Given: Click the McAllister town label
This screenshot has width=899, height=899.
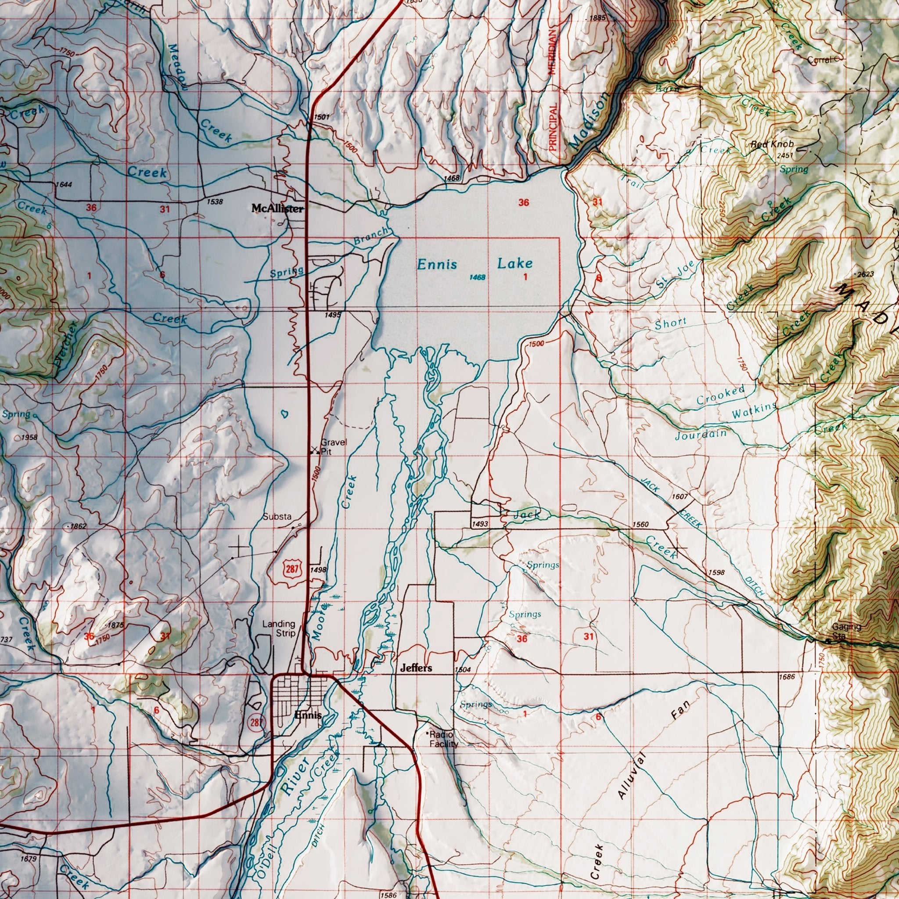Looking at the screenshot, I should click(x=277, y=209).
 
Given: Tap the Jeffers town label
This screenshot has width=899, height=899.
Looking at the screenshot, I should click(x=416, y=668).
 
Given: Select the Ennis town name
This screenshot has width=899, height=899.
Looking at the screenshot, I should click(x=308, y=715).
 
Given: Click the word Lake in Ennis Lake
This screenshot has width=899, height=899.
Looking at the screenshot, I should click(x=514, y=264).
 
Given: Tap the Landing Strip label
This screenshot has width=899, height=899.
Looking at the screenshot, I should click(x=279, y=629).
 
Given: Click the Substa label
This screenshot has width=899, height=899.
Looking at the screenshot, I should click(x=277, y=517).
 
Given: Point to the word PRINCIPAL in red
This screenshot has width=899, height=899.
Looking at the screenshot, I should click(x=553, y=126).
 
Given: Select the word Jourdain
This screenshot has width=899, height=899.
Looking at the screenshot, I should click(x=700, y=435).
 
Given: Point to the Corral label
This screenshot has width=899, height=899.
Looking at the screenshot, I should click(x=819, y=60).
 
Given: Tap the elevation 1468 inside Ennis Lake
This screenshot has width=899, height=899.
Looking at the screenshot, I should click(x=478, y=277).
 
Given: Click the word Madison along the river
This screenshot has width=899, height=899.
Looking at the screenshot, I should click(x=588, y=121).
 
